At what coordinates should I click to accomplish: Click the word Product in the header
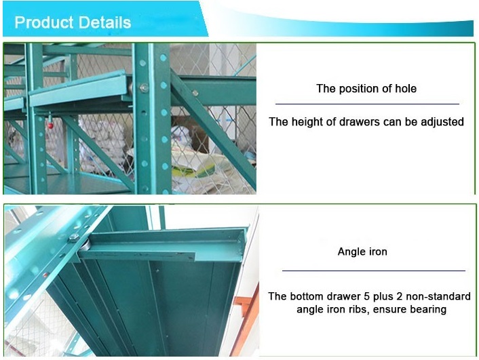tap(44, 22)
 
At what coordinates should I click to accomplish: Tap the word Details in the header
tap(104, 22)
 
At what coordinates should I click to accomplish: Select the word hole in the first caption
tap(406, 89)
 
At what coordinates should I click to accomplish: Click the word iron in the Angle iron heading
tap(378, 252)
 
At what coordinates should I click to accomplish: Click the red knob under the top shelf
tap(50, 125)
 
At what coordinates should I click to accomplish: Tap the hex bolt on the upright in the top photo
tap(144, 88)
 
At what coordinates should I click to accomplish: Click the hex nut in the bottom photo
tap(74, 238)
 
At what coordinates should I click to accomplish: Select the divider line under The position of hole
tap(367, 104)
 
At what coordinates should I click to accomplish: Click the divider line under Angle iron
tap(374, 271)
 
